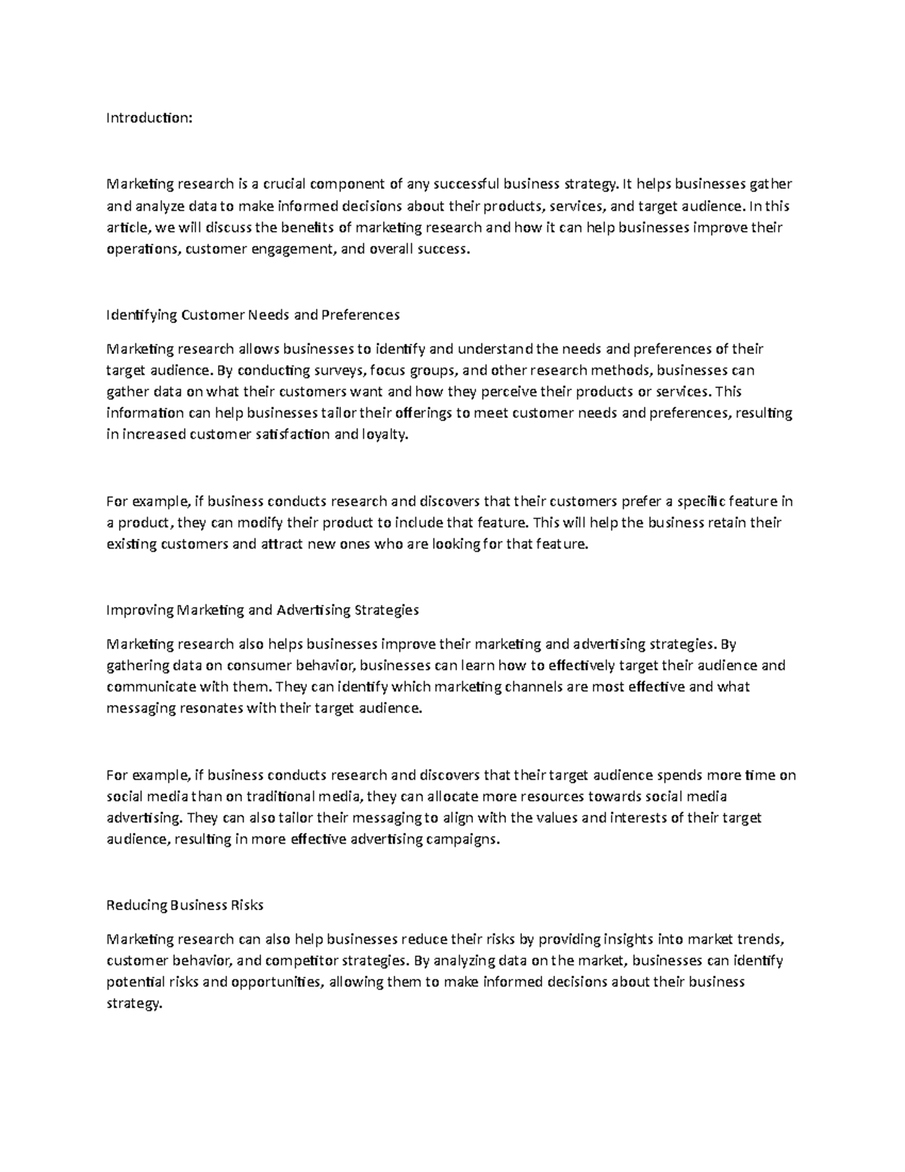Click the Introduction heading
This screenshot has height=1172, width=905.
pyautogui.click(x=149, y=118)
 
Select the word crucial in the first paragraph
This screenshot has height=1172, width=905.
pyautogui.click(x=284, y=183)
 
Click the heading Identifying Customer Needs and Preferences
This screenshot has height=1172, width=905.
pyautogui.click(x=253, y=315)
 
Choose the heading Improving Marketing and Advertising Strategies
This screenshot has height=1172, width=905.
pyautogui.click(x=262, y=610)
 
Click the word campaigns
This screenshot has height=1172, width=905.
pyautogui.click(x=463, y=839)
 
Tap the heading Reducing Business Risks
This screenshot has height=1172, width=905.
pyautogui.click(x=185, y=905)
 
